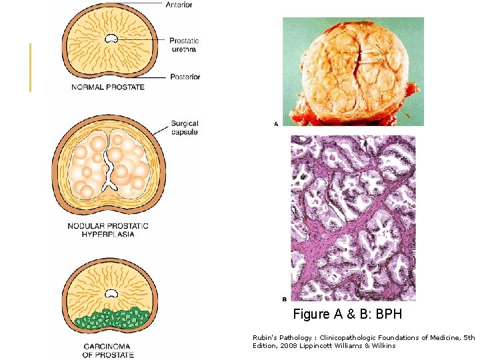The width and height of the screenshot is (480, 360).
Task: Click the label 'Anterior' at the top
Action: pyautogui.click(x=179, y=5)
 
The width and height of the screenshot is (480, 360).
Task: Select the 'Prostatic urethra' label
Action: pyautogui.click(x=183, y=45)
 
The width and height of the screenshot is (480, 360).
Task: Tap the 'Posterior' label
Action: pyautogui.click(x=185, y=77)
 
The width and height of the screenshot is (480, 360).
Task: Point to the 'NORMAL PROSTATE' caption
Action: pyautogui.click(x=108, y=88)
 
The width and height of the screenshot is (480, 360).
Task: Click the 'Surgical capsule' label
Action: pyautogui.click(x=184, y=127)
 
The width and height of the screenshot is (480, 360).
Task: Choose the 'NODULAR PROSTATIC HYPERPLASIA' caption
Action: pyautogui.click(x=108, y=230)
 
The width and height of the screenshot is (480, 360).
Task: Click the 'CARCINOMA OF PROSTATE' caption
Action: pyautogui.click(x=108, y=350)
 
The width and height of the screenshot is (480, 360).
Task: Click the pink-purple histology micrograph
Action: pyautogui.click(x=353, y=218)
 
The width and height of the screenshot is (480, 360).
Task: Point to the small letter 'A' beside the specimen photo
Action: pyautogui.click(x=276, y=123)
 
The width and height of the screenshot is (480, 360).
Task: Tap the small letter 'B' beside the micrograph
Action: pyautogui.click(x=285, y=299)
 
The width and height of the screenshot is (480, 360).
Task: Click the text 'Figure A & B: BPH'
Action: pyautogui.click(x=347, y=313)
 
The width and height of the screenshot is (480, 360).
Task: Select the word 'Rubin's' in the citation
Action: pyautogui.click(x=263, y=338)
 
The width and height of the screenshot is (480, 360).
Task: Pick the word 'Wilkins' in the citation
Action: pyautogui.click(x=383, y=345)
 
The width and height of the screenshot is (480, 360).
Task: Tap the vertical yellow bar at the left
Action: pyautogui.click(x=30, y=67)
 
